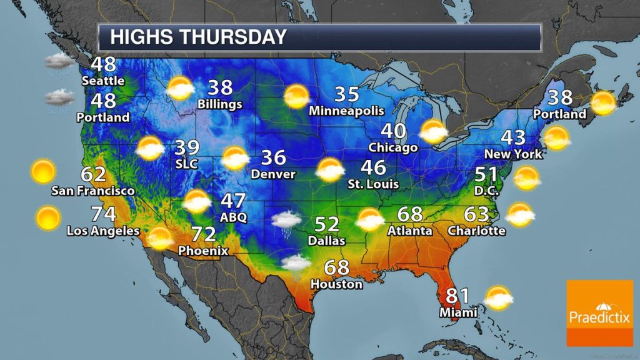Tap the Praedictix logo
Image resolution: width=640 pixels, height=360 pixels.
pyautogui.click(x=599, y=312)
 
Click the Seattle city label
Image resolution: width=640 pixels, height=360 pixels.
pyautogui.click(x=103, y=81)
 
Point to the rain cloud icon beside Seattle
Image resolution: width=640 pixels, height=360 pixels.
pyautogui.click(x=61, y=62)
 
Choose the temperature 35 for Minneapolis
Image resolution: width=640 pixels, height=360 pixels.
pyautogui.click(x=346, y=94)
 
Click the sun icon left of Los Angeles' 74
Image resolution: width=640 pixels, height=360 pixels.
pyautogui.click(x=47, y=218)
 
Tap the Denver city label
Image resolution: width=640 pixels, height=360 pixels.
pyautogui.click(x=272, y=174)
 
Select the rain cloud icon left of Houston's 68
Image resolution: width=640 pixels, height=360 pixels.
pyautogui.click(x=296, y=263)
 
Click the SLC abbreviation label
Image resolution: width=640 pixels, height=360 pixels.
pyautogui.click(x=187, y=164)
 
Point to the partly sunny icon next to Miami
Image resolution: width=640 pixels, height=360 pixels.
pyautogui.click(x=499, y=298)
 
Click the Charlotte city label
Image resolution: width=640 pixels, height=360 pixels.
pyautogui.click(x=476, y=231)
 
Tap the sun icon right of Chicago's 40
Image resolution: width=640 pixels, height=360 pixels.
pyautogui.click(x=433, y=131)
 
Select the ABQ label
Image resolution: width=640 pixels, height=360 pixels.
pyautogui.click(x=234, y=217)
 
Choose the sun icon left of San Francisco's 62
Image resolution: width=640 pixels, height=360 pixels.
pyautogui.click(x=43, y=171)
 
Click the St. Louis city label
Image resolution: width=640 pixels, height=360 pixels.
pyautogui.click(x=373, y=184)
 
